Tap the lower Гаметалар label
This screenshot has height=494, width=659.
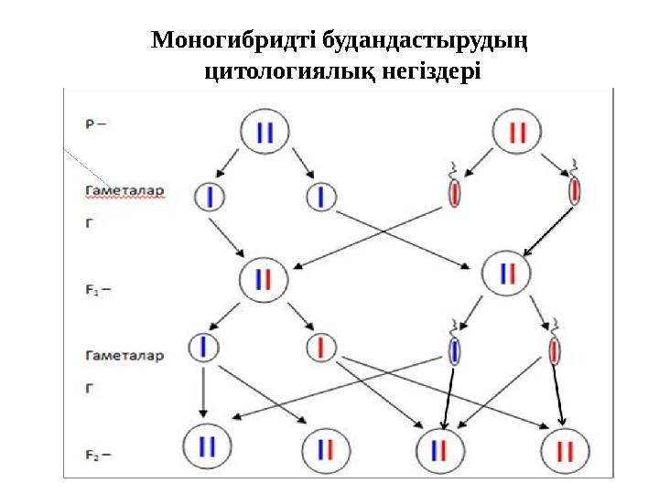click(x=124, y=356)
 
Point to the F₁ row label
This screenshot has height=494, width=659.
click(x=96, y=290)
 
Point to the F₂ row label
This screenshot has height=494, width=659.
click(x=96, y=453)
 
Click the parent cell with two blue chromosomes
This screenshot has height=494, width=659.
click(x=265, y=133)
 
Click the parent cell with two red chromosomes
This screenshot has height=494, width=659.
click(x=517, y=133)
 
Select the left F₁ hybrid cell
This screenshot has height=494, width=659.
click(x=265, y=278)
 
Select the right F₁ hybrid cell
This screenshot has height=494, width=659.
click(x=507, y=273)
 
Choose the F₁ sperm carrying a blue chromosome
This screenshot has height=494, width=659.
click(x=455, y=350)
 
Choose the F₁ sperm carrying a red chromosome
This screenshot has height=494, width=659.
click(x=555, y=350)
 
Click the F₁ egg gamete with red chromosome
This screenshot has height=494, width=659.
click(x=321, y=347)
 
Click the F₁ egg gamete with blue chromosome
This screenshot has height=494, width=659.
click(x=204, y=347)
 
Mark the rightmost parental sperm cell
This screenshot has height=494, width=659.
click(x=574, y=191)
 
